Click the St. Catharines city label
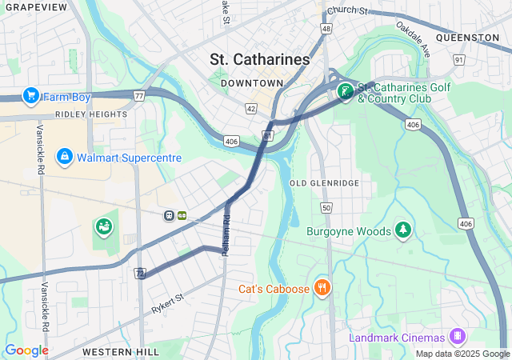pos(259,59)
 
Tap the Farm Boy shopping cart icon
pos(32,97)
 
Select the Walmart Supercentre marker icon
pos(65,157)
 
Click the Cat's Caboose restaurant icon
pos(322,288)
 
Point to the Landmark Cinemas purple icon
pos(458,336)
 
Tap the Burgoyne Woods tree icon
pos(404,231)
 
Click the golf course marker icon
pos(345,92)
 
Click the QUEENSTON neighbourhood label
pos(468,38)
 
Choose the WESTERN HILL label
pos(112,351)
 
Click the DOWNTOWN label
pos(252,83)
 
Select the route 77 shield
pos(139,96)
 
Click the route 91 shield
pos(458,59)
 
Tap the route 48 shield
pos(326,28)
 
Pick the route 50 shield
pos(326,208)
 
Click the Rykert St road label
pos(168,303)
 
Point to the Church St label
pos(347,11)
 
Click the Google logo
pos(26,350)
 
